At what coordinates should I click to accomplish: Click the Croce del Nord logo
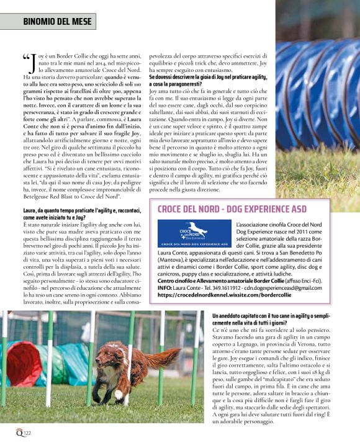(x=194, y=235)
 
